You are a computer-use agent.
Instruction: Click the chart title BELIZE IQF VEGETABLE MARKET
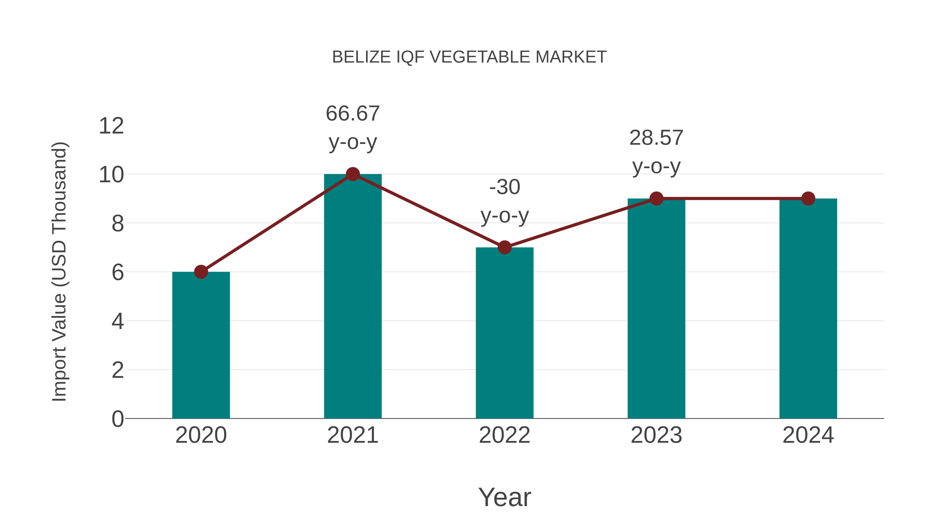(469, 57)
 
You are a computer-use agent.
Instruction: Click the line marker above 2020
(201, 272)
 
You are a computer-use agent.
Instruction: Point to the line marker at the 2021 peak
(352, 174)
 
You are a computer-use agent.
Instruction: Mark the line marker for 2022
(504, 247)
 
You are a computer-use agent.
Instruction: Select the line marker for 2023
(656, 199)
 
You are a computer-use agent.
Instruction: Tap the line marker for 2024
(808, 199)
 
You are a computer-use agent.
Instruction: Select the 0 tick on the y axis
(117, 419)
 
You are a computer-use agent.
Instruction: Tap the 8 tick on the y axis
(117, 223)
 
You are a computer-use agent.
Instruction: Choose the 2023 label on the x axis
(656, 435)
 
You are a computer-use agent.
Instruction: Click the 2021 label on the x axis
(352, 435)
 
